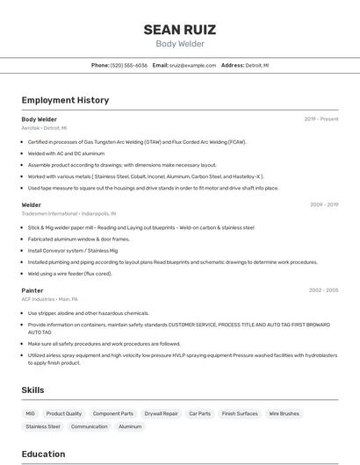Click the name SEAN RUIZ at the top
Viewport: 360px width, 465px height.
tap(180, 30)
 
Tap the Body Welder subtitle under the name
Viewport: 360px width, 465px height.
tap(180, 44)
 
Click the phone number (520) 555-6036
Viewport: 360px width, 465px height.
tap(129, 65)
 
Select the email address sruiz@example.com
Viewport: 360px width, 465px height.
tap(192, 65)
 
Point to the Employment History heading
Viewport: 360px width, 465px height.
tap(65, 100)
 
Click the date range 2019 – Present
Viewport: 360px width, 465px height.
tap(321, 118)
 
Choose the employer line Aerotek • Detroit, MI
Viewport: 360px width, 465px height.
tap(44, 127)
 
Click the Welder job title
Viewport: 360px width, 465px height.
tap(32, 204)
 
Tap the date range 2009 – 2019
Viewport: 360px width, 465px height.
tap(323, 204)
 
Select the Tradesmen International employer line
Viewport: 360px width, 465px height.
tap(68, 213)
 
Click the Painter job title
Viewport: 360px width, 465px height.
tap(32, 290)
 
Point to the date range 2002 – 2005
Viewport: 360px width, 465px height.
tap(323, 290)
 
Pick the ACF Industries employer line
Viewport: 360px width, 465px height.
tap(50, 298)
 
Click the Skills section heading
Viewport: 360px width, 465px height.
tap(33, 390)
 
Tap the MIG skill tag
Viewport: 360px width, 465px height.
tap(31, 413)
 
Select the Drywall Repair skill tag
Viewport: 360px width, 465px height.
tap(161, 413)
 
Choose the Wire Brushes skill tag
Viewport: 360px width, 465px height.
tap(284, 413)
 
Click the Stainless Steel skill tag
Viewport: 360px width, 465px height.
tap(43, 426)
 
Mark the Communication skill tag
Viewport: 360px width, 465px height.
tap(90, 426)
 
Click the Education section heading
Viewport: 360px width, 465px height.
tap(43, 454)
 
